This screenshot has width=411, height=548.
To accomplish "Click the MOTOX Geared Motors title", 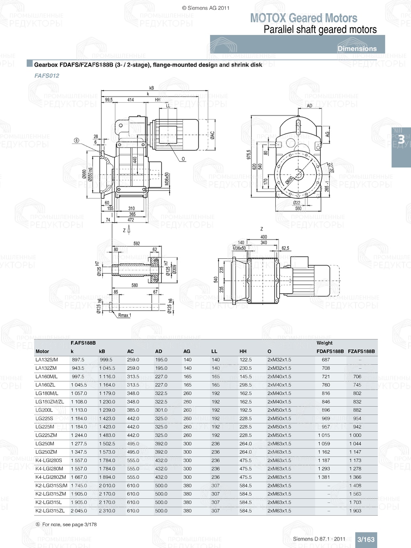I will point(304,18).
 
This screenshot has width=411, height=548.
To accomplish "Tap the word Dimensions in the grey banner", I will point(357,48).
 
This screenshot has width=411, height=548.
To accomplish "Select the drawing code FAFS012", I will point(47,76).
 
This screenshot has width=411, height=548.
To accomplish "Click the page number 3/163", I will point(366,539).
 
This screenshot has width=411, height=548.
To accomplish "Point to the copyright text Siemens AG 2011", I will point(205,8).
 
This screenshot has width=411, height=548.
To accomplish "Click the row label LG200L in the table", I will point(44,410).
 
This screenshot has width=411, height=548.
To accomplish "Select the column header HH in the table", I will point(243,351).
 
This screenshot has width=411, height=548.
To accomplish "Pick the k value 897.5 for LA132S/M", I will point(78,359).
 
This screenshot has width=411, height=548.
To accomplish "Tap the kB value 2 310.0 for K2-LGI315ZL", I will point(107,511).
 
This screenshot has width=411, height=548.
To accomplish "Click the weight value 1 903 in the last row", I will point(355,511).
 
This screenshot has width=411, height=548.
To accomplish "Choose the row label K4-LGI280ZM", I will point(51,477).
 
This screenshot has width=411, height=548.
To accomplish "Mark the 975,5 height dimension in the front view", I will point(249,155).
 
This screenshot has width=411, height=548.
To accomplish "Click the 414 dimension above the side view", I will point(130,100).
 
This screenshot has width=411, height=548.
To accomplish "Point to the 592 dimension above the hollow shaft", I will point(136,244).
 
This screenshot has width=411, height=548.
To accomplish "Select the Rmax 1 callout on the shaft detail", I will point(124,315).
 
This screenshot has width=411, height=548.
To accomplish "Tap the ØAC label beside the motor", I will point(212,135).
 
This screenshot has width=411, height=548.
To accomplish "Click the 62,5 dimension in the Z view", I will point(285,248).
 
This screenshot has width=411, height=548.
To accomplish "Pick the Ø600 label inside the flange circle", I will point(289,180).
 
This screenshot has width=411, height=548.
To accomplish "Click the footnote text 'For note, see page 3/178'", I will point(69,525).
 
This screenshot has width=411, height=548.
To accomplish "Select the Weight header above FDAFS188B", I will point(324,343).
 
